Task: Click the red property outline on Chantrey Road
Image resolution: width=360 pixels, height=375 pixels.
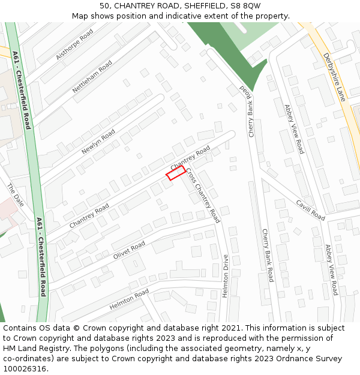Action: click(175, 173)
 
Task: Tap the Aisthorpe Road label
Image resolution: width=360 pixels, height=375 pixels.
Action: click(74, 44)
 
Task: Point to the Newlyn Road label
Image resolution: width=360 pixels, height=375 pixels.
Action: click(98, 142)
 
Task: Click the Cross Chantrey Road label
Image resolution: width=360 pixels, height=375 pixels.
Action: click(203, 195)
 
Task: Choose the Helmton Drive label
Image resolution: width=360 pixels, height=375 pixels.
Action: click(226, 277)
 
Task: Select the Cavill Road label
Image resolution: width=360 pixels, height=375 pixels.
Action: click(310, 209)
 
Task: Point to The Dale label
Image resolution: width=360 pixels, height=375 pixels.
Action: click(16, 195)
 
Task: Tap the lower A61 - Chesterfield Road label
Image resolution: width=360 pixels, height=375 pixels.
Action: click(41, 257)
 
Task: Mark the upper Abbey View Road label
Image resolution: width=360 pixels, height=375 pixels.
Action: click(294, 129)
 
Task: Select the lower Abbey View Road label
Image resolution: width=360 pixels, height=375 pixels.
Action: click(332, 269)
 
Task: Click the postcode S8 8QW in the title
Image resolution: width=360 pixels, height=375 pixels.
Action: click(245, 5)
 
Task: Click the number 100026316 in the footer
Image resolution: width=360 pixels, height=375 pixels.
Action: click(25, 368)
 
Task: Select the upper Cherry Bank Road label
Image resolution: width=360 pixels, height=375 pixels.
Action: click(247, 110)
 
